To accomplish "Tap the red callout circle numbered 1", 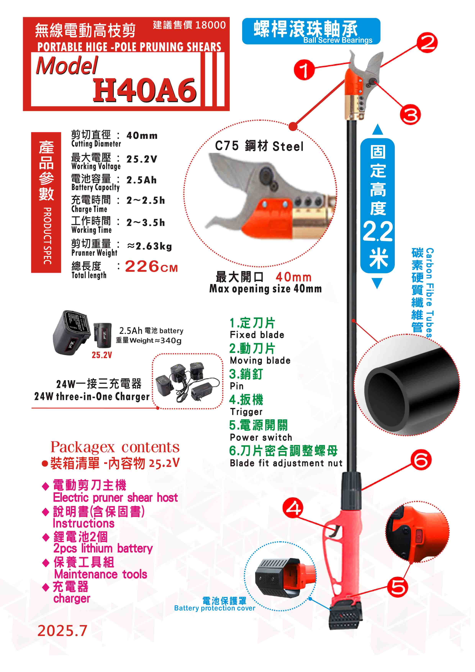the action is [x=304, y=70].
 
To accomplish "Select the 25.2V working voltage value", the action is [x=142, y=159].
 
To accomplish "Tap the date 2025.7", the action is [x=62, y=631].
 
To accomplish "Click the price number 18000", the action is [x=210, y=25].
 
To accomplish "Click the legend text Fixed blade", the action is [x=257, y=335].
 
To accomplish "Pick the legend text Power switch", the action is [x=261, y=437].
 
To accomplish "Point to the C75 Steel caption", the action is [x=259, y=146].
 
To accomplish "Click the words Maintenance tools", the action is [x=101, y=574].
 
